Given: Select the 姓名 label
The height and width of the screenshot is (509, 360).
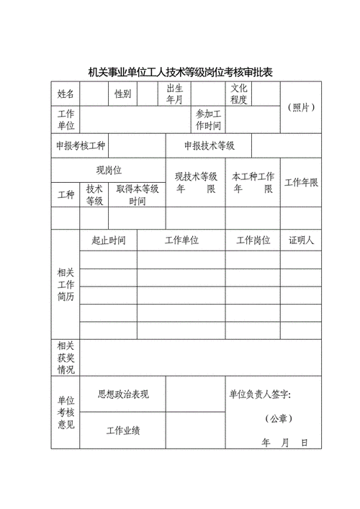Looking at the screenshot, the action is click(x=66, y=94).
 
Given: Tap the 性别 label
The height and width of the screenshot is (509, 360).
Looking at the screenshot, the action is click(x=122, y=94).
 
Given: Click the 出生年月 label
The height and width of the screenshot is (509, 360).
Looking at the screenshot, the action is click(x=175, y=94).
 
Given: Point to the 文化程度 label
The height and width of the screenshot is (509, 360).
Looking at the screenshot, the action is click(x=239, y=94).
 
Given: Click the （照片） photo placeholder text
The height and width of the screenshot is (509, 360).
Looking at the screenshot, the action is click(x=301, y=107).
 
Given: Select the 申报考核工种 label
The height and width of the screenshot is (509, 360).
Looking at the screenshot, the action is click(x=81, y=145).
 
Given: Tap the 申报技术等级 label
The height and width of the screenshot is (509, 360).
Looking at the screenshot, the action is click(x=209, y=145).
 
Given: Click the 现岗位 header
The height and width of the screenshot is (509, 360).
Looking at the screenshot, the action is click(x=109, y=170).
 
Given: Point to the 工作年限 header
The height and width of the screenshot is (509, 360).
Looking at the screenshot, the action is click(x=301, y=182).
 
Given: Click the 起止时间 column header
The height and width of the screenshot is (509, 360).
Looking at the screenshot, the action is click(x=109, y=240).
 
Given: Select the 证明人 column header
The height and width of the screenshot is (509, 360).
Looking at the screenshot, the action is click(x=301, y=240).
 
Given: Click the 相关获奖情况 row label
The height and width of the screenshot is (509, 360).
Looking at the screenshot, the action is click(x=66, y=358).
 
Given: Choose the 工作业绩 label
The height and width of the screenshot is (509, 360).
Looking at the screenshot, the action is click(x=123, y=431).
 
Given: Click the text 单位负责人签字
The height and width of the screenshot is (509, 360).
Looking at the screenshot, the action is click(x=260, y=394).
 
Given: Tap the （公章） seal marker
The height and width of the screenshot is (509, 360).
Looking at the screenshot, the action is click(x=278, y=418).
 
